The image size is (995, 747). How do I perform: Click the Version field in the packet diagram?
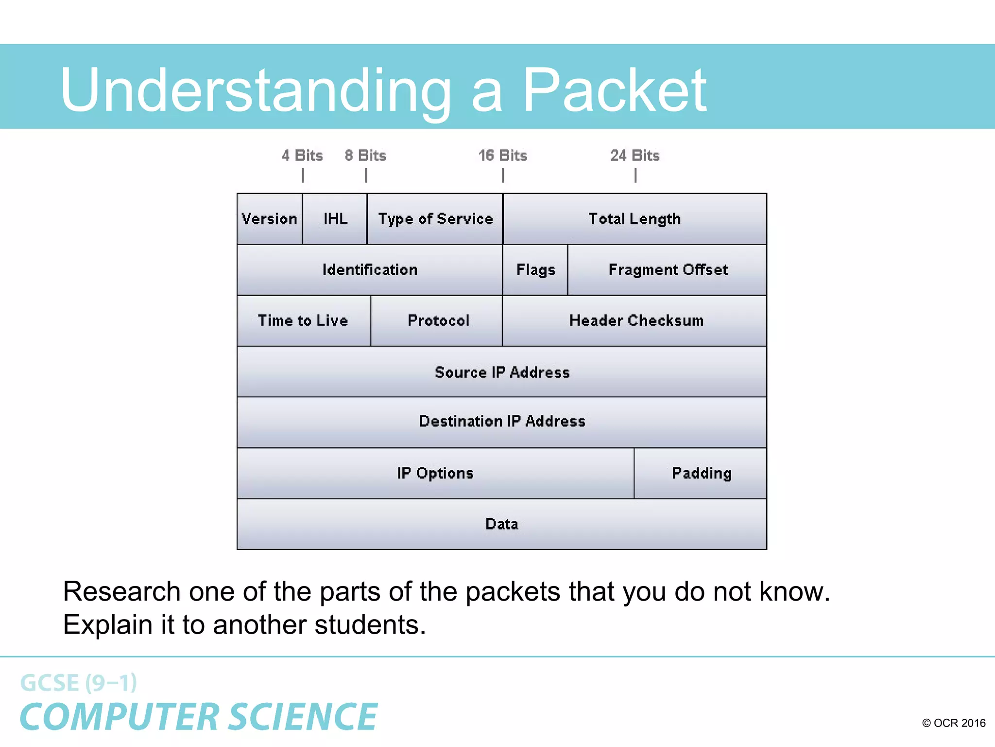(x=270, y=219)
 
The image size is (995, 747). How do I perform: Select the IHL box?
(x=335, y=219)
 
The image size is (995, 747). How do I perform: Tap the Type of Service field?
(x=435, y=219)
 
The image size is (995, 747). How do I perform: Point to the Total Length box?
(x=635, y=219)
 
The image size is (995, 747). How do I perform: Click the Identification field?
(x=370, y=270)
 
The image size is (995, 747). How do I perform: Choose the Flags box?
(x=535, y=270)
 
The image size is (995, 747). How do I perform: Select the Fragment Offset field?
(x=668, y=270)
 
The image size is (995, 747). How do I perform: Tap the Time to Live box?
(x=303, y=320)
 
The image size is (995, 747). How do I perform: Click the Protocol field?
(x=438, y=320)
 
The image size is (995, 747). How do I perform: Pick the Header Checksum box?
(x=636, y=320)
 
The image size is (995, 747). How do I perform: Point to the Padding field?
(x=701, y=473)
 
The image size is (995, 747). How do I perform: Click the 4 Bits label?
(x=302, y=156)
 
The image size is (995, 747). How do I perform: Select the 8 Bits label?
(x=365, y=156)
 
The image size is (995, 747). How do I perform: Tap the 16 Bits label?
(x=502, y=156)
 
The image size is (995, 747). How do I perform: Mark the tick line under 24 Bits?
(x=635, y=175)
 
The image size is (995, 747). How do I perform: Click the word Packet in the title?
(x=614, y=90)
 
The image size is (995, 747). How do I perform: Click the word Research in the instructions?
(x=122, y=592)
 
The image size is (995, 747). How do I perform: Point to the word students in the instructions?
(x=370, y=625)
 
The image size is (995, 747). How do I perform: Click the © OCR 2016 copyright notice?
(x=953, y=723)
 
